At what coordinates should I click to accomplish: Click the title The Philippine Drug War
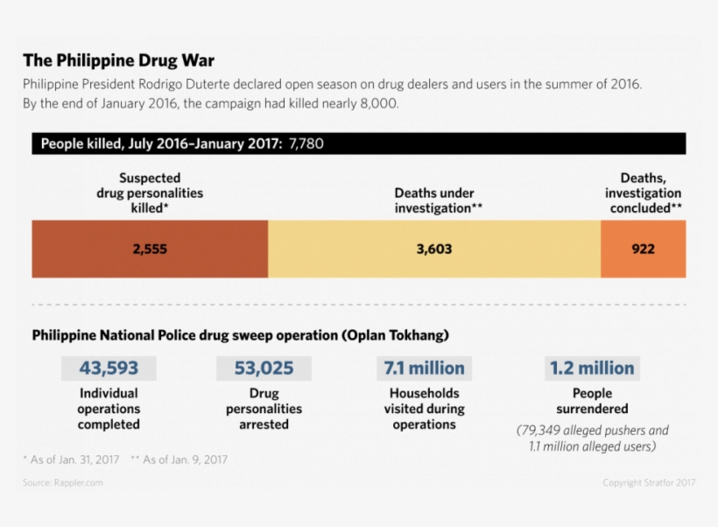tap(118, 60)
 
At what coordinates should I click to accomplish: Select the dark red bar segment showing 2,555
tap(150, 249)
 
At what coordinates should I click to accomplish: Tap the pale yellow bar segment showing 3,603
tap(433, 249)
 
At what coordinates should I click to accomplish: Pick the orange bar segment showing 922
tap(643, 249)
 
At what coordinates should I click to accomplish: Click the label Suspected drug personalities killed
tap(150, 193)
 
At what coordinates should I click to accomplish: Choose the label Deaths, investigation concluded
tap(643, 193)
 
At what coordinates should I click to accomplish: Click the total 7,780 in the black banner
tap(305, 144)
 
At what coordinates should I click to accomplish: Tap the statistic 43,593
tap(109, 368)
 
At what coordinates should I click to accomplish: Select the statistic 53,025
tap(264, 368)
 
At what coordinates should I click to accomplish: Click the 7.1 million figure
tap(424, 368)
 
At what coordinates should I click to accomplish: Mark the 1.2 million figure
tap(592, 368)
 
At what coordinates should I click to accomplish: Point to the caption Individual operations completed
tap(109, 409)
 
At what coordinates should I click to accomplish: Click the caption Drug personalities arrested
tap(264, 409)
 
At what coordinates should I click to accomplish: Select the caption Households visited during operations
tap(424, 409)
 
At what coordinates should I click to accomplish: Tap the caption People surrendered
tap(592, 401)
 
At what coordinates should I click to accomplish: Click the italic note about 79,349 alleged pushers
tap(592, 438)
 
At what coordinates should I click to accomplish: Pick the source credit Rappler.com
tap(63, 482)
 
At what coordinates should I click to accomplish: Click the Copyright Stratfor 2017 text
tap(649, 482)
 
